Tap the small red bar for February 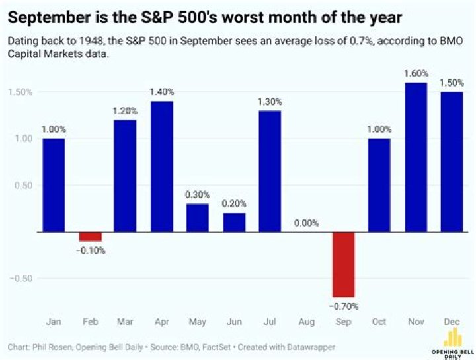[x=91, y=236]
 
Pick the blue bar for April [x=162, y=166]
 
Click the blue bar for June [x=234, y=222]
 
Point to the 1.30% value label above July [x=270, y=102]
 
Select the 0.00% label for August [x=306, y=223]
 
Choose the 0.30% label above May [x=198, y=195]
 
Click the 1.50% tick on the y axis [x=20, y=92]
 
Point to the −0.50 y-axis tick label [x=20, y=278]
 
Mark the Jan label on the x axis [x=54, y=322]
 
